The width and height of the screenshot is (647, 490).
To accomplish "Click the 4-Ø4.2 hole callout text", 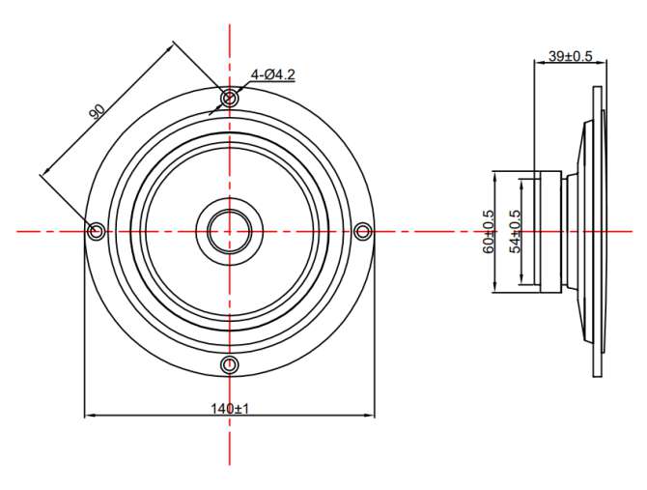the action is tap(273, 74).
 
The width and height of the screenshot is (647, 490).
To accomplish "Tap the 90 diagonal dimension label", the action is tap(98, 111).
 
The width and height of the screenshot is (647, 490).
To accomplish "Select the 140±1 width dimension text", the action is tap(230, 409).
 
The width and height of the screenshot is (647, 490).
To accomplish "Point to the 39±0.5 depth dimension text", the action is tap(571, 56).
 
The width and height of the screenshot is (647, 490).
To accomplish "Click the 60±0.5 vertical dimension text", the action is tap(488, 232).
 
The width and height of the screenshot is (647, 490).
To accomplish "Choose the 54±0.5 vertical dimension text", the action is tap(516, 232).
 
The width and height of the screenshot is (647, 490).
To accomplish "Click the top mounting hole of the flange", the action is tap(230, 99).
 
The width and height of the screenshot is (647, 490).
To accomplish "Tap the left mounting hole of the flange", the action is tap(97, 230).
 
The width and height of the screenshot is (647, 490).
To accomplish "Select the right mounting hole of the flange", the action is tap(363, 231).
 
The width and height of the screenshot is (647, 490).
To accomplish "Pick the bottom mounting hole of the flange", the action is tap(230, 364).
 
